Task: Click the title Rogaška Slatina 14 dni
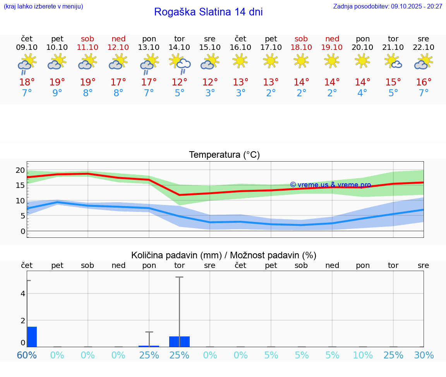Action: [x=208, y=12]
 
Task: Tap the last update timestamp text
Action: [x=388, y=7]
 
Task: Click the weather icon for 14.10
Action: [x=179, y=63]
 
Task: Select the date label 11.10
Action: [x=87, y=47]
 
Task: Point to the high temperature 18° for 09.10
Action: [x=27, y=82]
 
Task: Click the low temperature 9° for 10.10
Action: [x=57, y=93]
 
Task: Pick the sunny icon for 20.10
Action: [x=362, y=61]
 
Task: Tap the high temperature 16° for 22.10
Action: [x=424, y=82]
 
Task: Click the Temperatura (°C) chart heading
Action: [x=224, y=155]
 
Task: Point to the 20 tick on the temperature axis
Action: [x=20, y=170]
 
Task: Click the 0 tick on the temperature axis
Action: [x=23, y=231]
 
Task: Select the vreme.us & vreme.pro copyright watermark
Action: [x=330, y=185]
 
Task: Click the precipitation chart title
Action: [x=224, y=255]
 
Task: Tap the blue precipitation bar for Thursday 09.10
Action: [x=32, y=337]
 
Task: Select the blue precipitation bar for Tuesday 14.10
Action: [x=179, y=341]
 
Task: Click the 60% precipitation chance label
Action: [x=27, y=355]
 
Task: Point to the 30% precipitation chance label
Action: [x=424, y=355]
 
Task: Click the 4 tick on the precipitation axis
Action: [x=23, y=293]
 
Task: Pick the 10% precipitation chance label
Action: [x=362, y=355]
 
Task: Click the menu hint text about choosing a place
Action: [x=43, y=7]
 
